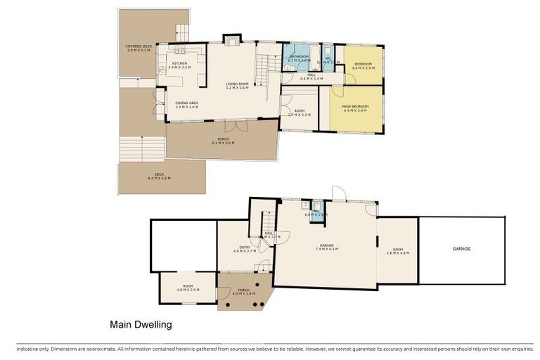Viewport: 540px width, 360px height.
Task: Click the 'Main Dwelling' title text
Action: click(x=141, y=325)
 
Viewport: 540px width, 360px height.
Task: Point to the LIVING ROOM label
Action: click(x=238, y=86)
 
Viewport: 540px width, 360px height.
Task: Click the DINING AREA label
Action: click(x=187, y=105)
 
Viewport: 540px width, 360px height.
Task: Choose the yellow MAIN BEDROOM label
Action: click(x=356, y=108)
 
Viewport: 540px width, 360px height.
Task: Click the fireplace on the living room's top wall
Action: click(x=231, y=39)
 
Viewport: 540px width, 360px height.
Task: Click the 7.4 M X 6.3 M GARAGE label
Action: click(x=325, y=247)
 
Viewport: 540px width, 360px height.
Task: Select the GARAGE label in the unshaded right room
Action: click(x=461, y=249)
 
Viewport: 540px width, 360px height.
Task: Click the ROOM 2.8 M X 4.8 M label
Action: click(x=398, y=251)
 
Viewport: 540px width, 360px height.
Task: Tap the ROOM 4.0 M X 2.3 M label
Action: click(x=188, y=288)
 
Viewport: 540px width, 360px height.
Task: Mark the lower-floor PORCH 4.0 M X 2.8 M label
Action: click(x=243, y=292)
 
